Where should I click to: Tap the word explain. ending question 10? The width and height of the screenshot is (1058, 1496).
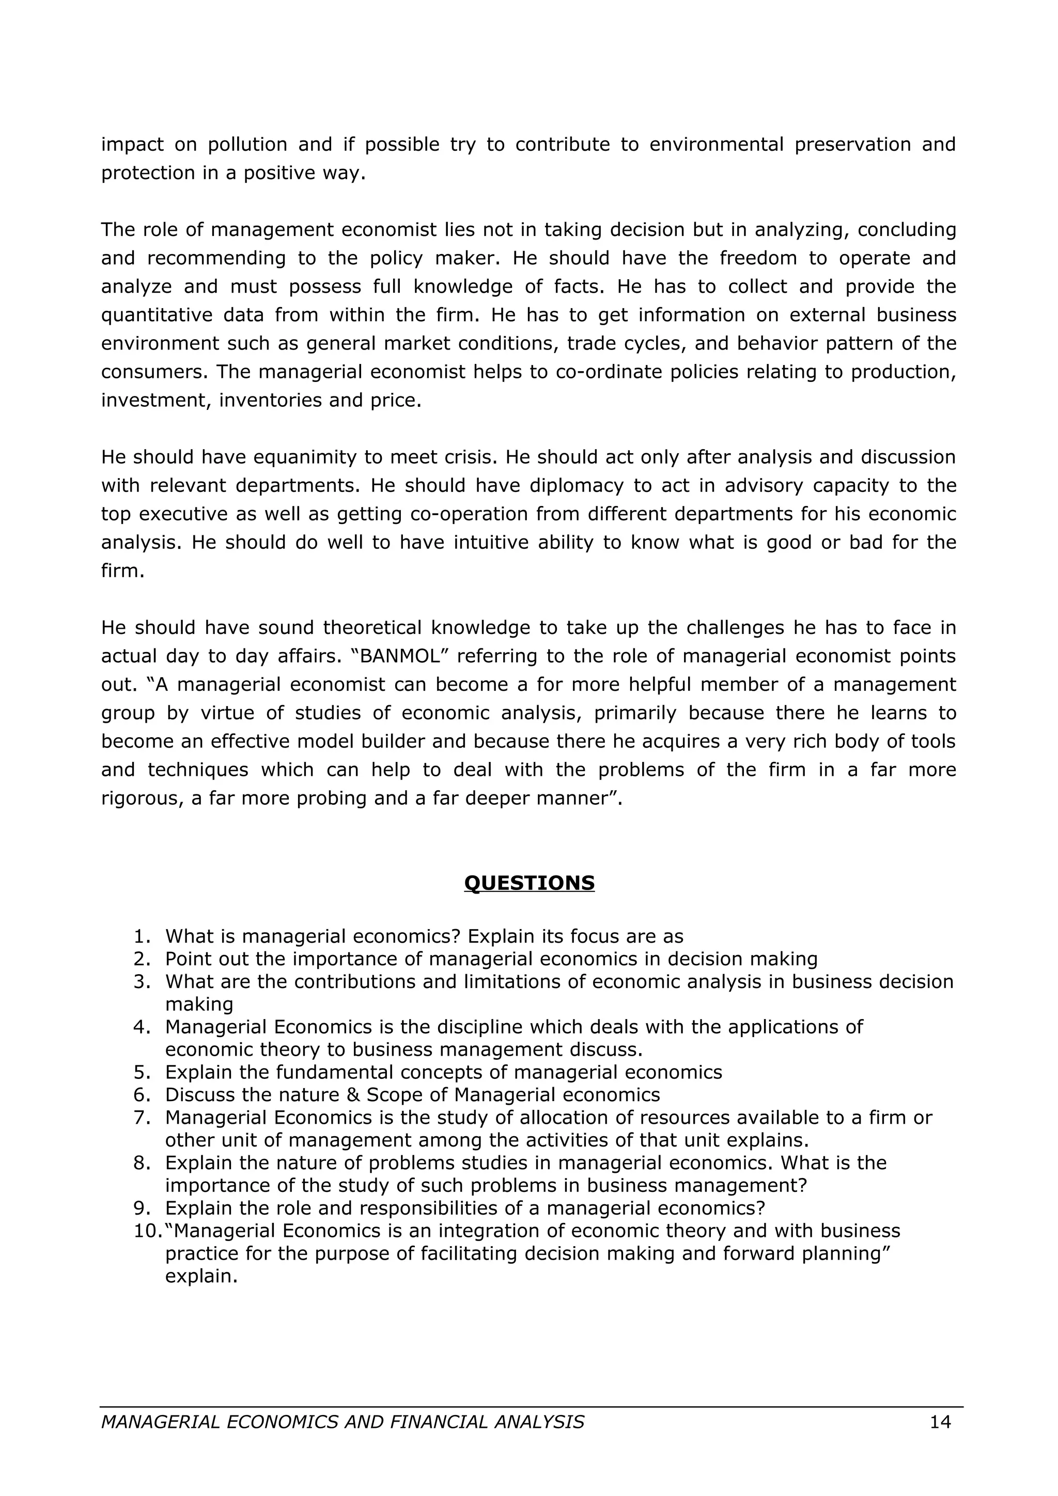(201, 1276)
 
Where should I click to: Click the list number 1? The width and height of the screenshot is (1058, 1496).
(142, 936)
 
